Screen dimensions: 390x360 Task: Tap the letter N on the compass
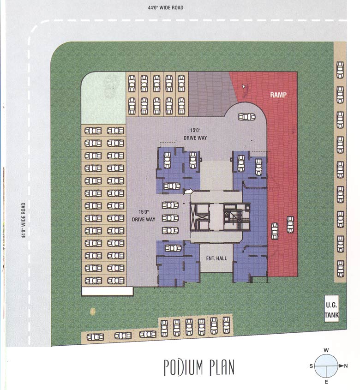coord(346,366)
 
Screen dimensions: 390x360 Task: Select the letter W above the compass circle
coord(326,350)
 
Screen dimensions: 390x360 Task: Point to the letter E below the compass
coord(326,382)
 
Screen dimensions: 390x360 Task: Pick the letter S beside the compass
coord(311,366)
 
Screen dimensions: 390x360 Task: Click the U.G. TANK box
coord(332,309)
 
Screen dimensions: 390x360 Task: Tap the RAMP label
coord(278,95)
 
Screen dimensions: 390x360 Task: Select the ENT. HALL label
coord(216,258)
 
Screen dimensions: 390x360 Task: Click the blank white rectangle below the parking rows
coord(107,291)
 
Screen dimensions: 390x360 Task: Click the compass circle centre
coord(326,366)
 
